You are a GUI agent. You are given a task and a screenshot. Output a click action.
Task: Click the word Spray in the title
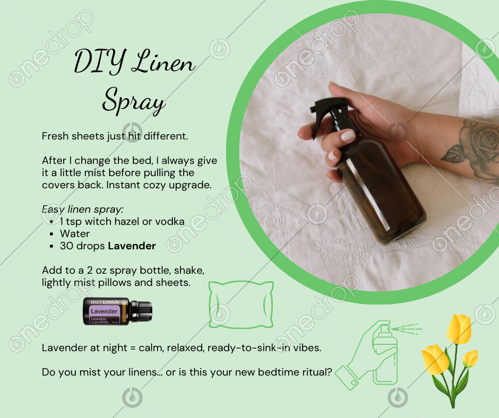coord(134,101)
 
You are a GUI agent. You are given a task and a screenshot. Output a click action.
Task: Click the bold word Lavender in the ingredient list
coord(132,246)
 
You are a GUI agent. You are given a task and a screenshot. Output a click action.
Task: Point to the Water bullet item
coord(75,233)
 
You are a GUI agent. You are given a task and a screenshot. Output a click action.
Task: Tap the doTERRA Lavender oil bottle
coord(117,311)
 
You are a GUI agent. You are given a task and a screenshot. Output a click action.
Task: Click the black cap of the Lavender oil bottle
coord(142,311)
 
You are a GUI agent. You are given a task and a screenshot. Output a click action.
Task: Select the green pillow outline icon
coord(241,304)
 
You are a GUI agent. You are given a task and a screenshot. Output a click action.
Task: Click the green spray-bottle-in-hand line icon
coord(378,355)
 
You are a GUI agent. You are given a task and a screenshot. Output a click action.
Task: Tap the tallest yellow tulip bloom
coord(459,329)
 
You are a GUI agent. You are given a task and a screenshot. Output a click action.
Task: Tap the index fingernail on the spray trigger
coord(348,136)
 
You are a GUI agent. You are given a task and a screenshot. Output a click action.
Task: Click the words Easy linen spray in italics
coord(82,210)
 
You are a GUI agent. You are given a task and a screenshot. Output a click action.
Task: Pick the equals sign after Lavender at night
coord(133,347)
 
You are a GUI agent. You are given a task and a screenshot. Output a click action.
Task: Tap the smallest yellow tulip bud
coord(470,359)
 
